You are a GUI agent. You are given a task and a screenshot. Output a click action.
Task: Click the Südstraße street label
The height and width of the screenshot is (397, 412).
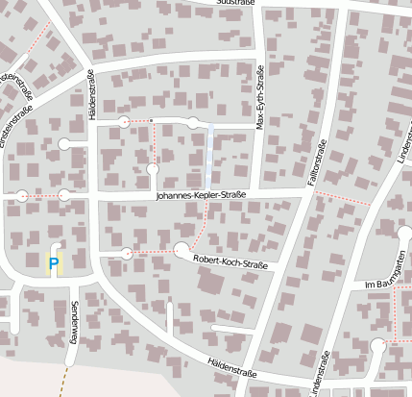pos(237,3)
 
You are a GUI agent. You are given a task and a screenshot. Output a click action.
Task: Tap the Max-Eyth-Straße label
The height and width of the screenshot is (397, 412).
pos(260,95)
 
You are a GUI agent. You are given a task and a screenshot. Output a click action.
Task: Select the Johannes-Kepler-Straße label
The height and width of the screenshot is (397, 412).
pos(202,196)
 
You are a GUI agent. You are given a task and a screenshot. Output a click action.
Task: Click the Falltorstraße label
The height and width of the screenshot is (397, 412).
pos(320,160)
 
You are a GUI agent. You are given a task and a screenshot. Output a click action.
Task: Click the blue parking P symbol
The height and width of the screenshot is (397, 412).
pos(54,261)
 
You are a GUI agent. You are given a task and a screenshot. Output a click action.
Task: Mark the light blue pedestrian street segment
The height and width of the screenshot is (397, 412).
pos(209,159)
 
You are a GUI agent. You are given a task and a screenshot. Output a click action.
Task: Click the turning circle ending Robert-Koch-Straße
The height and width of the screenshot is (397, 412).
pos(128,254)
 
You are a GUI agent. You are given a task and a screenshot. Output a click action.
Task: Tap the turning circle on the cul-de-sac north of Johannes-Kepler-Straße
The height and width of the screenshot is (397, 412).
pos(153,170)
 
